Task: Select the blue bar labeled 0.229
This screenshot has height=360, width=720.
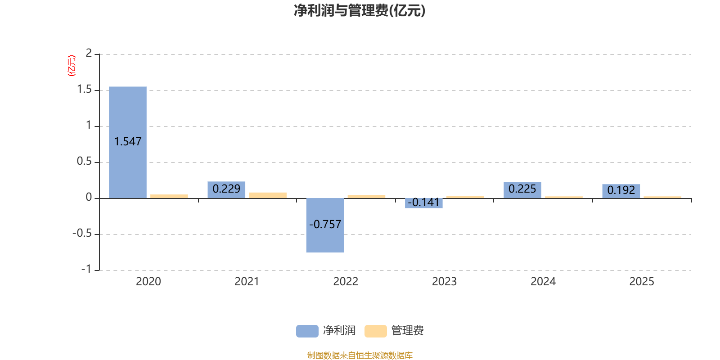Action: coord(226,189)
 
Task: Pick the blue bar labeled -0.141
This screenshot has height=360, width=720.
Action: coord(424,203)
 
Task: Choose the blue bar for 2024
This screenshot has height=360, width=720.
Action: coord(522,189)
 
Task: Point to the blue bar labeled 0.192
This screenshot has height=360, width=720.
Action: coord(621,190)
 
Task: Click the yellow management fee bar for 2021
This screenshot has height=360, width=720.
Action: coord(268,195)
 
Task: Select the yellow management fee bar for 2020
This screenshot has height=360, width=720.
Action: coord(169,196)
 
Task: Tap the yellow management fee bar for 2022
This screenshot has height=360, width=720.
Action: coord(366,196)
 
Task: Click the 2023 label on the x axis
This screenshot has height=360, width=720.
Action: coord(444,282)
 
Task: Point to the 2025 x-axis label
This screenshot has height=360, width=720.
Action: coord(641,282)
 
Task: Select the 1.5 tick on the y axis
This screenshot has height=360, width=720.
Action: coord(84,90)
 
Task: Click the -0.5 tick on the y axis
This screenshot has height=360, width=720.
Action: coord(82,234)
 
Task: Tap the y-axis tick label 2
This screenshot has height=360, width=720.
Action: coord(89,53)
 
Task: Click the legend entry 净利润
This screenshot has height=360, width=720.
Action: coord(326,331)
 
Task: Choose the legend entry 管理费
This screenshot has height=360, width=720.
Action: coord(395,331)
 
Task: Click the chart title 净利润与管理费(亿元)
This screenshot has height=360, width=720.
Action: coord(360,11)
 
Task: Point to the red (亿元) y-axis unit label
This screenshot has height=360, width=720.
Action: coord(71,66)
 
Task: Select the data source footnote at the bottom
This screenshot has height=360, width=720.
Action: coord(360,355)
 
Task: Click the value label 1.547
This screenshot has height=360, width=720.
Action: coord(128,142)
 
